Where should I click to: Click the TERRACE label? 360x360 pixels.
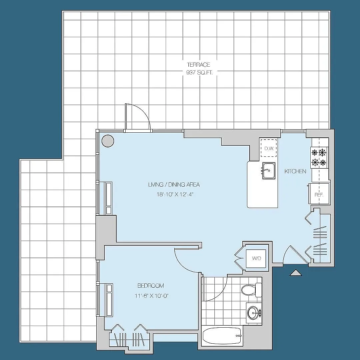click(199, 65)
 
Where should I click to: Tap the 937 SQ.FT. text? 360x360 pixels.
click(199, 73)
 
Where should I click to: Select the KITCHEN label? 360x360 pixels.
click(295, 171)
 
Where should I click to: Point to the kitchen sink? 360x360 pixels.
click(269, 171)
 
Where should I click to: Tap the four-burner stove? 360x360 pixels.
click(319, 157)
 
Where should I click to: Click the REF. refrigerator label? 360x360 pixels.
click(319, 195)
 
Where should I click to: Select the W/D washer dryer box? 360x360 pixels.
click(256, 258)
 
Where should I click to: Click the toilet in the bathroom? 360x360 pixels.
click(251, 290)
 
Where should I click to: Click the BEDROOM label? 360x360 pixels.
click(151, 286)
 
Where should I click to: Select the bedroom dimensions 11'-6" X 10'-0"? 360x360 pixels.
click(152, 296)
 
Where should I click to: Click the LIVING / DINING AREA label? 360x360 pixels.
click(174, 184)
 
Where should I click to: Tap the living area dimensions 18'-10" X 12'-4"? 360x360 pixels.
click(175, 194)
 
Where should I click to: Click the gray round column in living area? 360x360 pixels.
click(108, 141)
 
